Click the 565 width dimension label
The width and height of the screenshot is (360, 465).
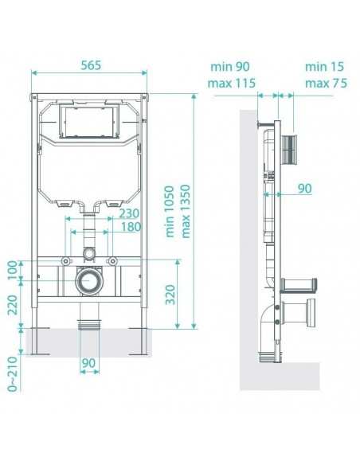(x=91, y=65)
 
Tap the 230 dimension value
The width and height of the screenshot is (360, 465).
(x=129, y=213)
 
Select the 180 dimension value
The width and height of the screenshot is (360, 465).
(x=131, y=227)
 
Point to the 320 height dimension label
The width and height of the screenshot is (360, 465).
(x=170, y=295)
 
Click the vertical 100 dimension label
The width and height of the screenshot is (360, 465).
(x=13, y=270)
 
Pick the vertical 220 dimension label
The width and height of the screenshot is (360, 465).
(x=13, y=305)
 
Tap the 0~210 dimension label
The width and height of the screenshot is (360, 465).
(x=13, y=374)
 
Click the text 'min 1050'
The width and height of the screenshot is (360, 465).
(x=170, y=212)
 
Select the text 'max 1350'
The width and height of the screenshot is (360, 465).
(x=185, y=212)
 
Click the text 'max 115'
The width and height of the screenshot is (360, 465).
(x=232, y=84)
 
